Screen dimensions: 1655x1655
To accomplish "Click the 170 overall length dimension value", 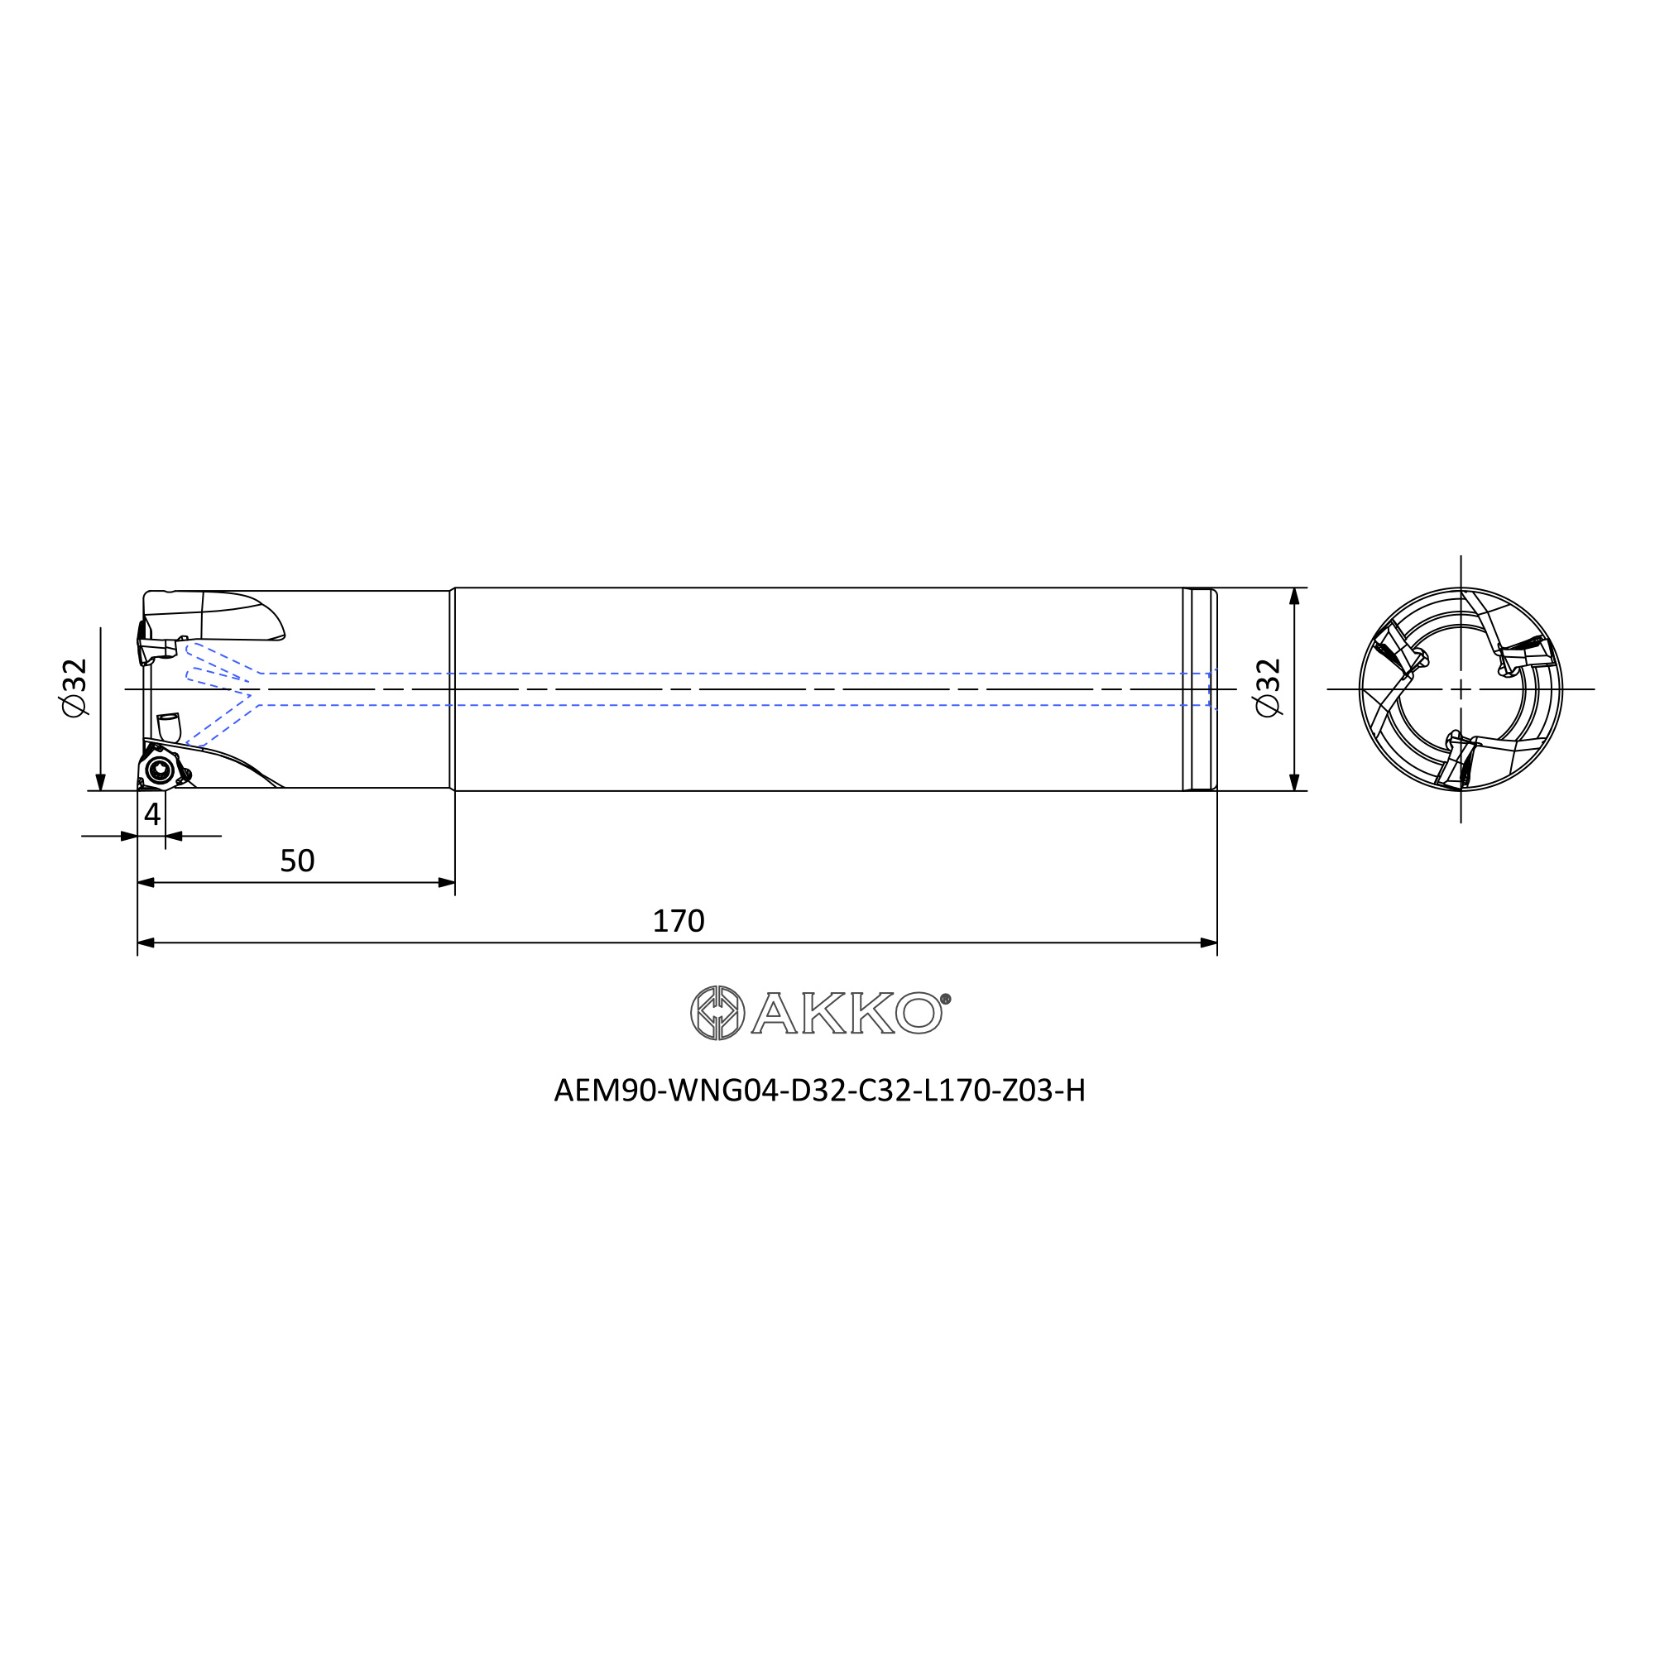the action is point(679,921).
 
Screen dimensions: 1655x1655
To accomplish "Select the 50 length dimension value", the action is point(297,860).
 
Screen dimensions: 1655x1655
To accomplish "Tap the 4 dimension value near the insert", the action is point(152,813).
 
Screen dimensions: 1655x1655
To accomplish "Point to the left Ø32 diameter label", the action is point(74,688).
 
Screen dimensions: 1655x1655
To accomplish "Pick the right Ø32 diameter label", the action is point(1267,688).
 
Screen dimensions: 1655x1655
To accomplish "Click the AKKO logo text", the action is point(847,1013).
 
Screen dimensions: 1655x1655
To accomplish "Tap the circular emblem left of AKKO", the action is point(717,1013).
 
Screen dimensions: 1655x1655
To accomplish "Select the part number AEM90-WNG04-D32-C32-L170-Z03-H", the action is point(820,1091).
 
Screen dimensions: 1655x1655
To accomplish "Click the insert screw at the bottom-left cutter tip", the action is point(160,770).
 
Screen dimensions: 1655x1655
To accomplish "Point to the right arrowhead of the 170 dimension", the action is point(1208,943).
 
